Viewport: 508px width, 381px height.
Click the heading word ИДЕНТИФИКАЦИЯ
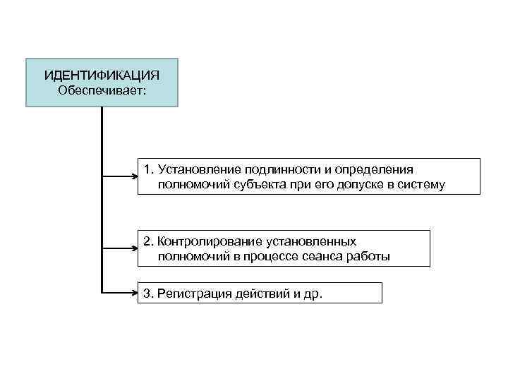(102, 75)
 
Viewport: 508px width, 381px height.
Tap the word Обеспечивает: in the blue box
(102, 90)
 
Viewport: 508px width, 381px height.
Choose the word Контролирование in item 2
(204, 241)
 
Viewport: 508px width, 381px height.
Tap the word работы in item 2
(369, 257)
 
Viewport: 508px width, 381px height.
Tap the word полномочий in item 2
(191, 257)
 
